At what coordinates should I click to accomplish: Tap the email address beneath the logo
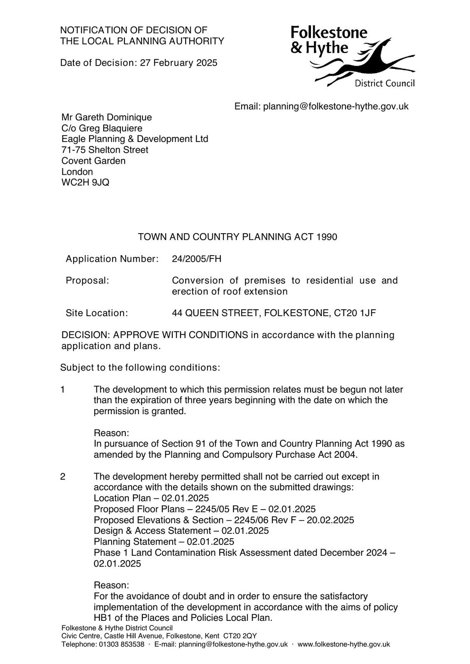click(x=335, y=107)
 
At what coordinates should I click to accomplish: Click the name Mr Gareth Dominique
click(x=107, y=117)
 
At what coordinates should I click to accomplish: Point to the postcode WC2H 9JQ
click(x=86, y=183)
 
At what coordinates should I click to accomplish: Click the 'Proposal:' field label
click(x=87, y=281)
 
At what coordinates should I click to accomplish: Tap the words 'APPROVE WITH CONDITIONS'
click(x=181, y=335)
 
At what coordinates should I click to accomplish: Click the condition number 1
click(x=63, y=390)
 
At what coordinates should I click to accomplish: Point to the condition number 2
click(x=63, y=477)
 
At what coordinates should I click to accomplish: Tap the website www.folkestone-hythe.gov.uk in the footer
click(x=344, y=644)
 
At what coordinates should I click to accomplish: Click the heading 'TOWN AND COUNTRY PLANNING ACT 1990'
click(x=237, y=237)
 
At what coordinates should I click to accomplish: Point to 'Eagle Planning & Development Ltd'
click(x=135, y=139)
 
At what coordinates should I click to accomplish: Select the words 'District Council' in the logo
click(x=384, y=84)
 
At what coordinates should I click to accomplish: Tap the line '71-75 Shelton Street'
click(x=105, y=150)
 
